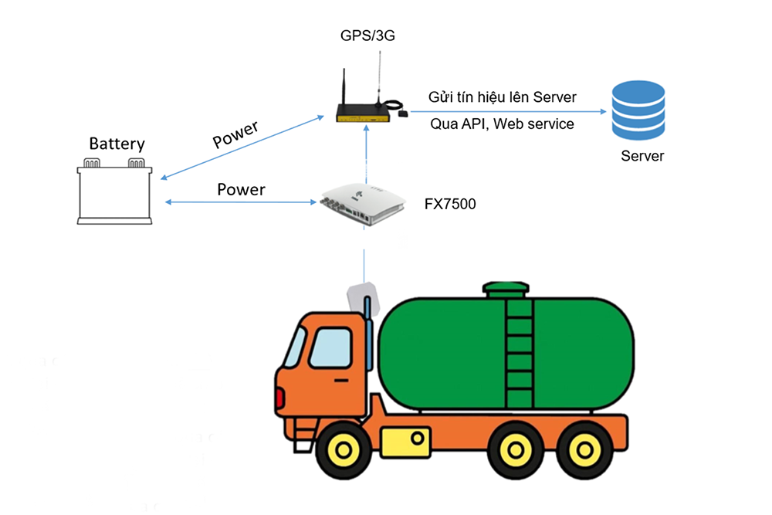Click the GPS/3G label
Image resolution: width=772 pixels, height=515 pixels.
click(363, 36)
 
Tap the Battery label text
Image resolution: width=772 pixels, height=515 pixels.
click(117, 144)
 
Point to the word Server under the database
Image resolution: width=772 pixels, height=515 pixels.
click(642, 156)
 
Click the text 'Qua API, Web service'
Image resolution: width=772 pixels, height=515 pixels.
click(502, 124)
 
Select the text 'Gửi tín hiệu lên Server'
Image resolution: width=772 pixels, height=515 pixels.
click(503, 97)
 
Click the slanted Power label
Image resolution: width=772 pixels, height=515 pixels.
click(236, 134)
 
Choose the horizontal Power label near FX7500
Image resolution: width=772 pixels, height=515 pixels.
click(241, 189)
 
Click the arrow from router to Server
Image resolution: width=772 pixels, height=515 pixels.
click(502, 110)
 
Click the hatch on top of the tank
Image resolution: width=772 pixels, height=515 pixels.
click(506, 290)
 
